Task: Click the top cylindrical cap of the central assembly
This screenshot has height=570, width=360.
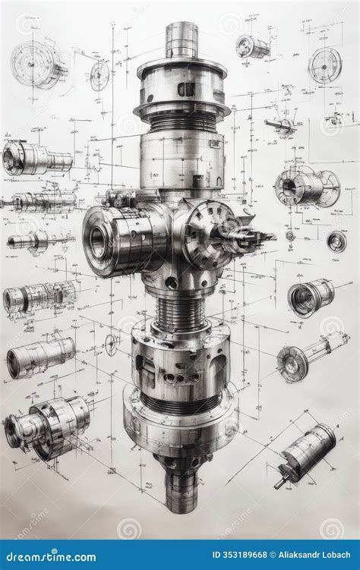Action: pyautogui.click(x=182, y=39)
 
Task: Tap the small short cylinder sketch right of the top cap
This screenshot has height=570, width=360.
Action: pyautogui.click(x=252, y=47)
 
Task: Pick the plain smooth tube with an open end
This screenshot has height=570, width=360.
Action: pyautogui.click(x=41, y=356)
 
